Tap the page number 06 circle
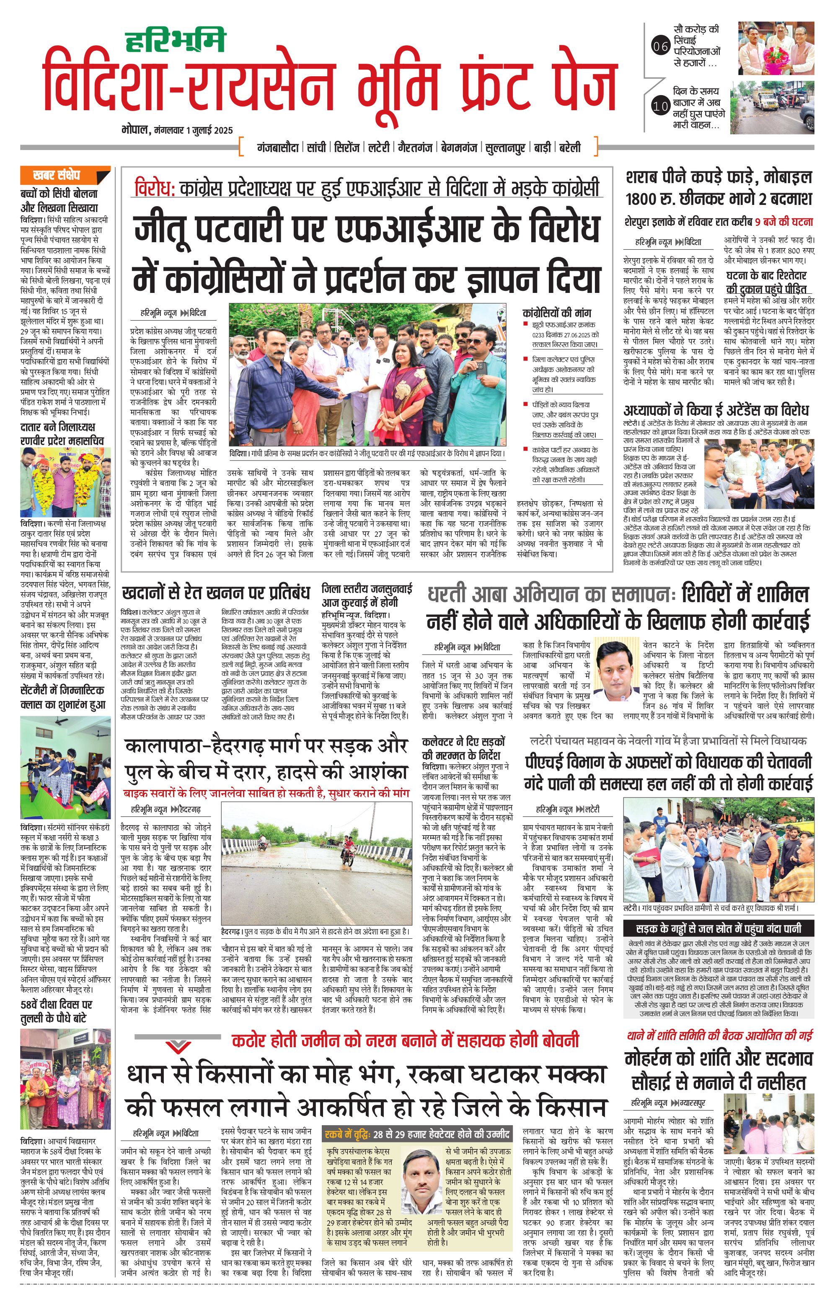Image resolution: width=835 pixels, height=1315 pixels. (661, 47)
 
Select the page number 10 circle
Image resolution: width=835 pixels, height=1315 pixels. (661, 106)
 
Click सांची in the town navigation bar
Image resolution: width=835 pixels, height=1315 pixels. (316, 148)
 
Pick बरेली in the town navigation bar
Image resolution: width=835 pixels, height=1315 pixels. (570, 148)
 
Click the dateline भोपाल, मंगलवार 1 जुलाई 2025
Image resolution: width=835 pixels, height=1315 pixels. (178, 130)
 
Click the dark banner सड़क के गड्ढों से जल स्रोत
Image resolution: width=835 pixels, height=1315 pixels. (719, 928)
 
